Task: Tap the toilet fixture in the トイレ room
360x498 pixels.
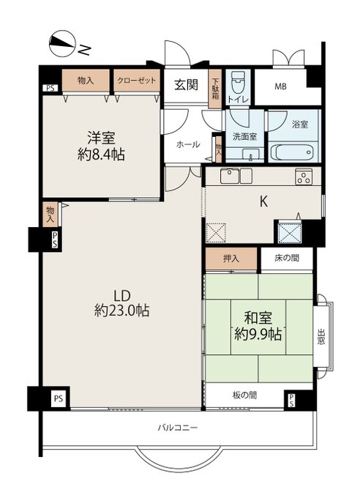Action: [237, 81]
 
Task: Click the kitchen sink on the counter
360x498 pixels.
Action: [230, 176]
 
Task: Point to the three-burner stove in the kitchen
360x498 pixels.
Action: [304, 176]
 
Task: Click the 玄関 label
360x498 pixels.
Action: [187, 85]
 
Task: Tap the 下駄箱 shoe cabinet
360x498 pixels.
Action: [215, 88]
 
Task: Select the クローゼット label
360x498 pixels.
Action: [137, 81]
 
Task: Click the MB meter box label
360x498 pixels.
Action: [280, 86]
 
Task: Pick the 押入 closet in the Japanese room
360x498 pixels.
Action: [230, 259]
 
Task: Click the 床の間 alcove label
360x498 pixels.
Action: [287, 258]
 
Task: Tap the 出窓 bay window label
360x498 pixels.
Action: [321, 338]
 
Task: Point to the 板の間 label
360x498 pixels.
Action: [244, 395]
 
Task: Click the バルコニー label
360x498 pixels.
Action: [178, 428]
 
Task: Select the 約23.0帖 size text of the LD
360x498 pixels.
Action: [122, 311]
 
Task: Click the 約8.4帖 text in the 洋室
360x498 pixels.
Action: [101, 155]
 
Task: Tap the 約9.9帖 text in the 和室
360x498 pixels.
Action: [258, 335]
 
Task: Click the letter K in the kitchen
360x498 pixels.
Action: [263, 201]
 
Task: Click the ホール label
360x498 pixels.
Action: [188, 144]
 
